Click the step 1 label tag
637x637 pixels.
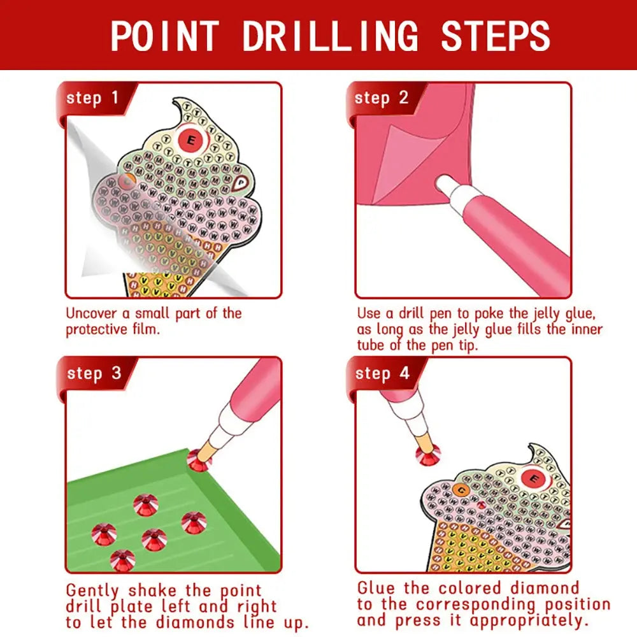93,98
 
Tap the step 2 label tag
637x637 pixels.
381,98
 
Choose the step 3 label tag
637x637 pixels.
94,373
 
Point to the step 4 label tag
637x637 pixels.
382,373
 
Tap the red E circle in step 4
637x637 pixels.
534,476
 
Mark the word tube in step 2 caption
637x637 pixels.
370,345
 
